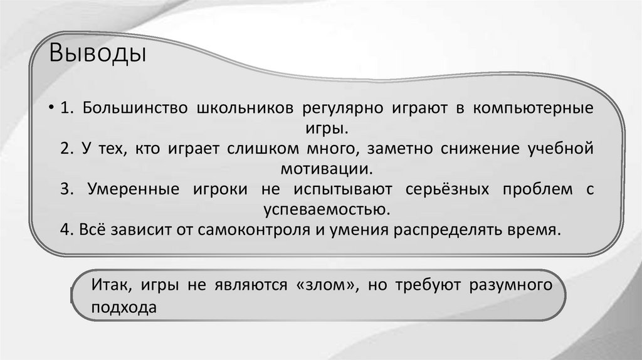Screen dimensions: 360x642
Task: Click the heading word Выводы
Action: point(98,54)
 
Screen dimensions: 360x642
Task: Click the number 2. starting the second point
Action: point(68,149)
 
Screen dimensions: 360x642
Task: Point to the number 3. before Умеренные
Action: point(69,189)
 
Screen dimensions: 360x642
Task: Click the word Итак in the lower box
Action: point(110,285)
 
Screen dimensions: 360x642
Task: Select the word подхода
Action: point(123,307)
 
